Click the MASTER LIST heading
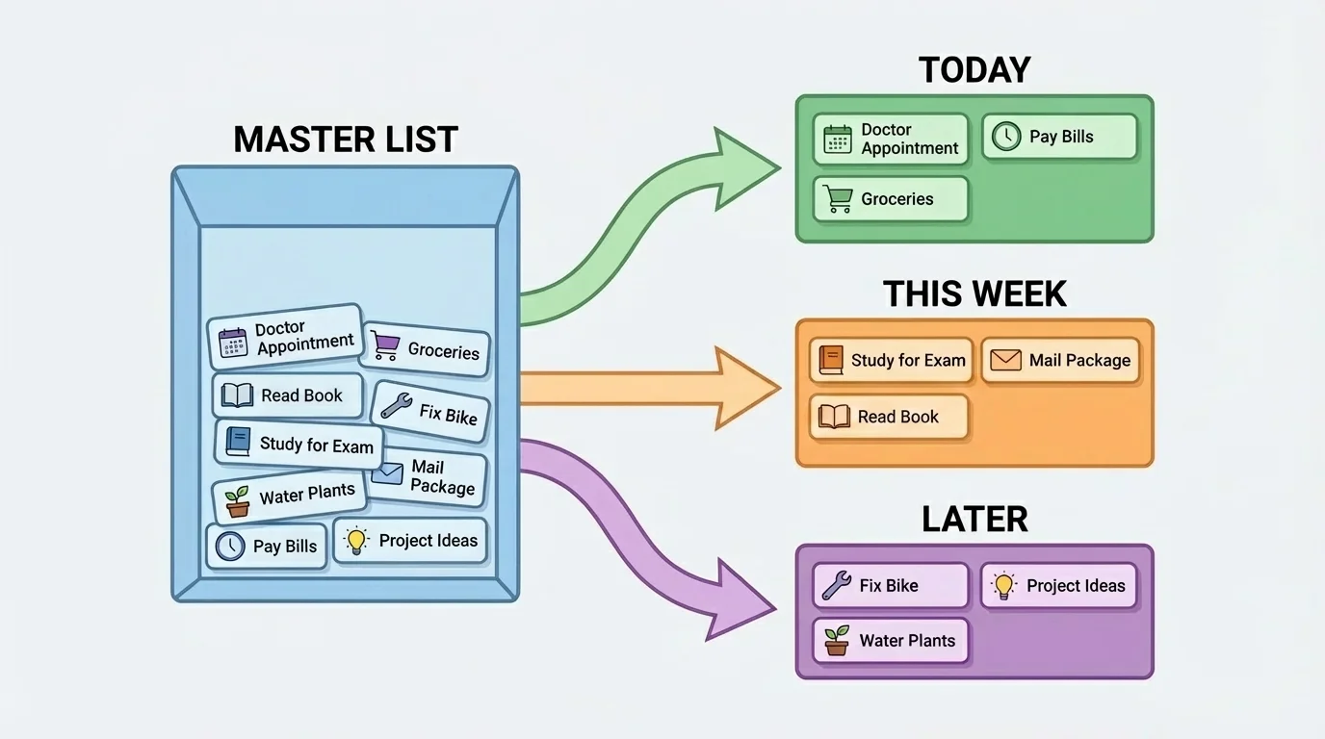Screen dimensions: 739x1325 (x=345, y=139)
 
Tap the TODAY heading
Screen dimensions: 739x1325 (x=974, y=70)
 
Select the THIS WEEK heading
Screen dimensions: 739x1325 (x=974, y=293)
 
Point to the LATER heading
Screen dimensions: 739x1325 (x=974, y=519)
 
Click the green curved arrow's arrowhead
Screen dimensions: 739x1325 (x=746, y=166)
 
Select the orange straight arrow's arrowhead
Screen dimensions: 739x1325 (x=747, y=388)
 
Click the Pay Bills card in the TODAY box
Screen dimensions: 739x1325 (x=1059, y=137)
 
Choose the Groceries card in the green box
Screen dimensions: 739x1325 (x=890, y=199)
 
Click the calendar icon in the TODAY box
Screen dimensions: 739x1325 (x=838, y=140)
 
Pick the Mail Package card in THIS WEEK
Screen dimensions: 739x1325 (x=1060, y=361)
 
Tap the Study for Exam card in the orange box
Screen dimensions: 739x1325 (x=891, y=361)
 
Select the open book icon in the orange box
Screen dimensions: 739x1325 (x=834, y=417)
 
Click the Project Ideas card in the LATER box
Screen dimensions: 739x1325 (x=1058, y=585)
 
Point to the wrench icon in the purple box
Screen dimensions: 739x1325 (x=836, y=585)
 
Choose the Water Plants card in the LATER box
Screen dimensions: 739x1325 (x=890, y=641)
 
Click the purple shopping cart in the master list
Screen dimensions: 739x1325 (x=385, y=345)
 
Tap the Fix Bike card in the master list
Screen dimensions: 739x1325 (x=430, y=411)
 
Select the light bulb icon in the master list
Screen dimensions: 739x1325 (x=357, y=540)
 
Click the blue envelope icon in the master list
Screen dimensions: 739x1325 (x=387, y=473)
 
